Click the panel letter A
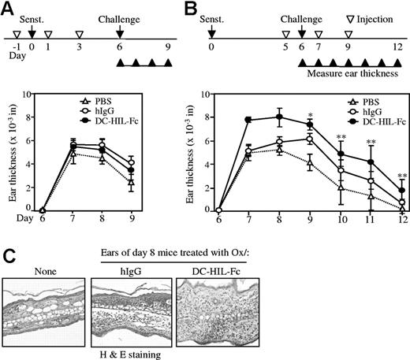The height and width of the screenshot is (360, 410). point(10,9)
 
